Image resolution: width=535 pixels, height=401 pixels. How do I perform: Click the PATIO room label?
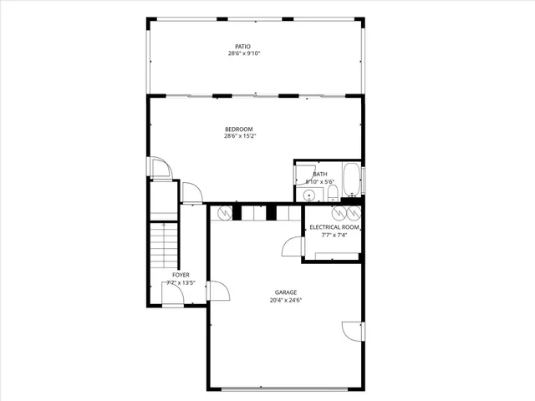tap(242, 46)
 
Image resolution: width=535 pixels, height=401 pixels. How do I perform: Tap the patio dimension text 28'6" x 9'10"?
tap(244, 53)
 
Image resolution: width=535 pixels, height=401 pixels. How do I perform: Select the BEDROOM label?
tap(239, 129)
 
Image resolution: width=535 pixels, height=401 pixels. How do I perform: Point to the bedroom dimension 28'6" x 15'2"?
tap(240, 136)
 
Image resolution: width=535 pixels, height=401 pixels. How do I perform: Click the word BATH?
tap(320, 174)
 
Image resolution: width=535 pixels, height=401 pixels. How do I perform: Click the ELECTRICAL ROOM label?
tap(334, 227)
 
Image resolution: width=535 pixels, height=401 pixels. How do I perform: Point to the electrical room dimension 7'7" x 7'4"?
tap(334, 235)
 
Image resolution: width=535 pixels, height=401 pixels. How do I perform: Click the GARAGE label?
tap(286, 292)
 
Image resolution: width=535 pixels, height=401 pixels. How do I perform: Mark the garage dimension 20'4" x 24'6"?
tap(286, 300)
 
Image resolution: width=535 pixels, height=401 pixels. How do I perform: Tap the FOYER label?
tap(181, 275)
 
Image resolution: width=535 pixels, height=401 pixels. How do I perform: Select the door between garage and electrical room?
tap(293, 247)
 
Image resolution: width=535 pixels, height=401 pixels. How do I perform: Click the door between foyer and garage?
tap(217, 292)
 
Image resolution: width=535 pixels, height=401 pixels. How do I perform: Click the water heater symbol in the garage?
tap(224, 213)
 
